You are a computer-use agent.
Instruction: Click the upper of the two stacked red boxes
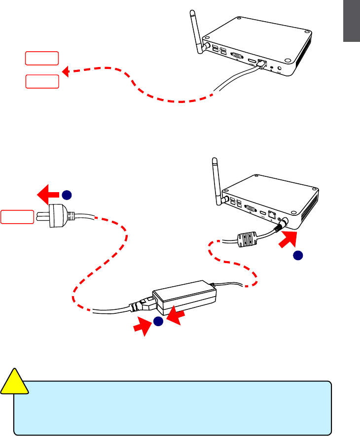click(x=42, y=58)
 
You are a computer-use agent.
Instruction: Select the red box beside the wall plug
click(x=17, y=217)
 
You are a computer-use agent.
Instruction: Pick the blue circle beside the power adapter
click(x=158, y=321)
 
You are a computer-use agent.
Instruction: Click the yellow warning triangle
click(x=15, y=382)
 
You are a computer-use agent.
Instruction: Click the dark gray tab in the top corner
click(x=352, y=22)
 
